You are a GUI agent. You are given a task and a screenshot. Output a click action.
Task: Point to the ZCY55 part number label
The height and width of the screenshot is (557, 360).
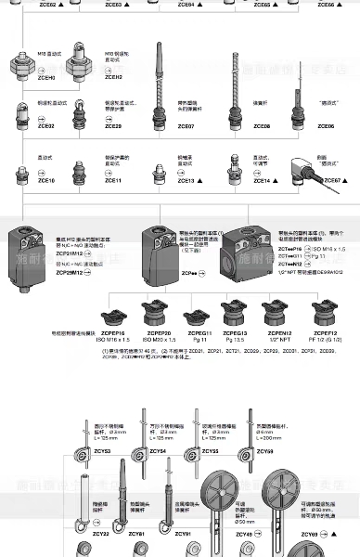click(x=211, y=451)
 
